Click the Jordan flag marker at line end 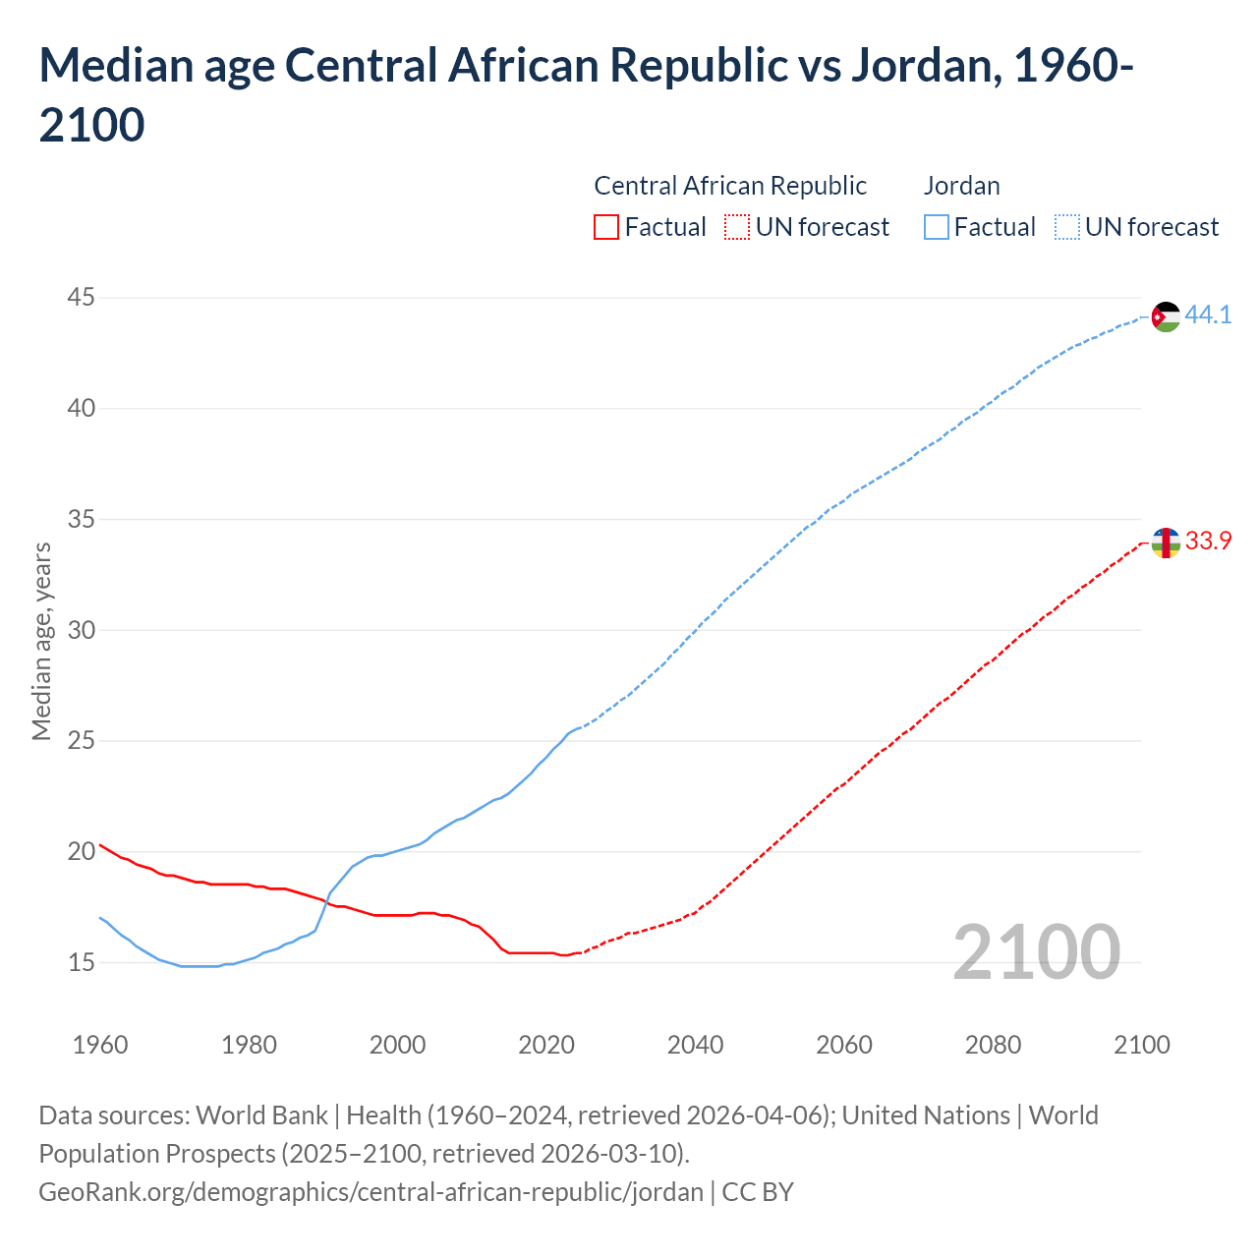[1165, 317]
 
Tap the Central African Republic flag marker [1165, 543]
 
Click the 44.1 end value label [1208, 315]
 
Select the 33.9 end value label [1208, 542]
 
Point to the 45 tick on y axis [82, 297]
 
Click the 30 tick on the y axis [82, 630]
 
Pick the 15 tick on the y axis [82, 962]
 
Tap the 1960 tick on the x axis [100, 1045]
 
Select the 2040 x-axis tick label [695, 1045]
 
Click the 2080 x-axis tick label [993, 1045]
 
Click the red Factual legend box [606, 228]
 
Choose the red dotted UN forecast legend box [737, 228]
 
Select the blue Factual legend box [937, 228]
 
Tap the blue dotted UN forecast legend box [1066, 228]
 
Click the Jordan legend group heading [961, 186]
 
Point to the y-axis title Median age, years [41, 641]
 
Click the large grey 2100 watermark [1036, 951]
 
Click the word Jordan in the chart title [923, 66]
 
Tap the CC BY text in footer [758, 1192]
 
